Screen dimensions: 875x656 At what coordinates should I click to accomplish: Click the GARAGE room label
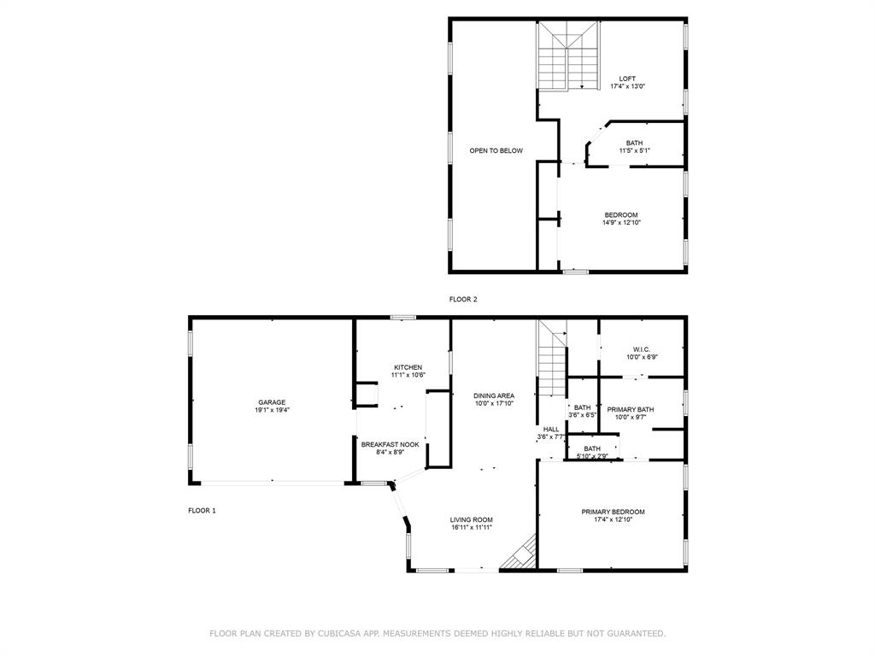(x=272, y=402)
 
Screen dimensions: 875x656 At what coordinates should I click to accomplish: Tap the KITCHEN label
(x=408, y=367)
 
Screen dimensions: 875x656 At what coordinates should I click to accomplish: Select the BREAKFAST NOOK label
(x=390, y=444)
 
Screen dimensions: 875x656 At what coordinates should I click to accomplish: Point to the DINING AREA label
(x=494, y=395)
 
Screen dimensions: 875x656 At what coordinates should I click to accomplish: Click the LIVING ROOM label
(x=472, y=520)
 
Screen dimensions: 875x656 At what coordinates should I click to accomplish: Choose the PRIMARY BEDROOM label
(x=614, y=512)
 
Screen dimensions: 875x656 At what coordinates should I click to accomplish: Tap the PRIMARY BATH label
(x=631, y=409)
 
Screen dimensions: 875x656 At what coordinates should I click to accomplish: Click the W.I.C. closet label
(x=642, y=349)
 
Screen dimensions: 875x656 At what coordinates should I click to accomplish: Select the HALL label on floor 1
(x=551, y=429)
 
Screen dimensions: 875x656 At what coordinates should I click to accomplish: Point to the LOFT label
(x=627, y=79)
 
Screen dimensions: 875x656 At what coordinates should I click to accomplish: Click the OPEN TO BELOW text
(x=496, y=150)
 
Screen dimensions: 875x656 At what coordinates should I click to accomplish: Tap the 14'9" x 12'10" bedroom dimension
(x=621, y=223)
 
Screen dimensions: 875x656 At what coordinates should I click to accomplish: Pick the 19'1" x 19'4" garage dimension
(x=272, y=410)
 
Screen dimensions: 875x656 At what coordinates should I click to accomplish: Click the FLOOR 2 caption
(x=463, y=299)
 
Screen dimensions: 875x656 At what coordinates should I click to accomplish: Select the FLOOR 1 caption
(x=202, y=511)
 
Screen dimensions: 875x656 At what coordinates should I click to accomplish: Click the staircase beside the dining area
(x=552, y=359)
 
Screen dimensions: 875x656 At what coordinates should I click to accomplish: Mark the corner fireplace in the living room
(x=520, y=553)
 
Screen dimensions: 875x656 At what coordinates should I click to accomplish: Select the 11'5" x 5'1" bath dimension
(x=635, y=150)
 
